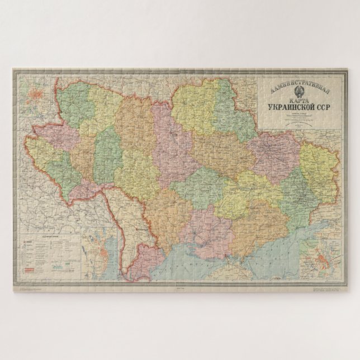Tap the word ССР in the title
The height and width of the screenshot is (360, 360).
point(329,108)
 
